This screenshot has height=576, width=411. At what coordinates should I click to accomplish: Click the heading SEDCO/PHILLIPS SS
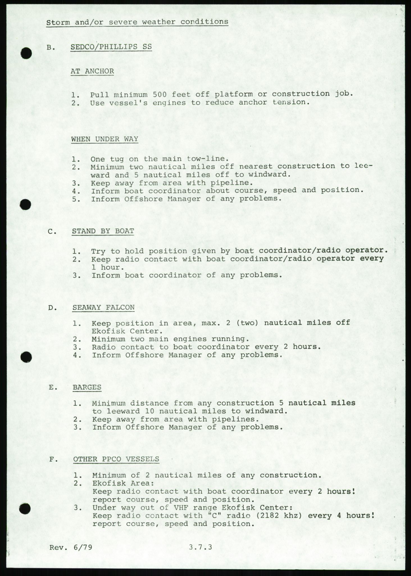(x=111, y=47)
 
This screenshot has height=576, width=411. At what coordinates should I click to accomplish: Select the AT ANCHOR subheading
(x=92, y=71)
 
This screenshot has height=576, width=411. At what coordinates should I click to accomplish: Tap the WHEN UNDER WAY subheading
(x=105, y=139)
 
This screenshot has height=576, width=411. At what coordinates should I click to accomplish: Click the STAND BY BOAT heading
(x=103, y=231)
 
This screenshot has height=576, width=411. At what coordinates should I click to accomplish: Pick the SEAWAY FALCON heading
(x=103, y=307)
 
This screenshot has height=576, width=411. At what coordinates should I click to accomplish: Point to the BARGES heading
(x=87, y=387)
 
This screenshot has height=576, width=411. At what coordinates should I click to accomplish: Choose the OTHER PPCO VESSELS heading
(x=116, y=459)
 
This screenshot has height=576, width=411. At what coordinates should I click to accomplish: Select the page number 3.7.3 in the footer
(x=200, y=547)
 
